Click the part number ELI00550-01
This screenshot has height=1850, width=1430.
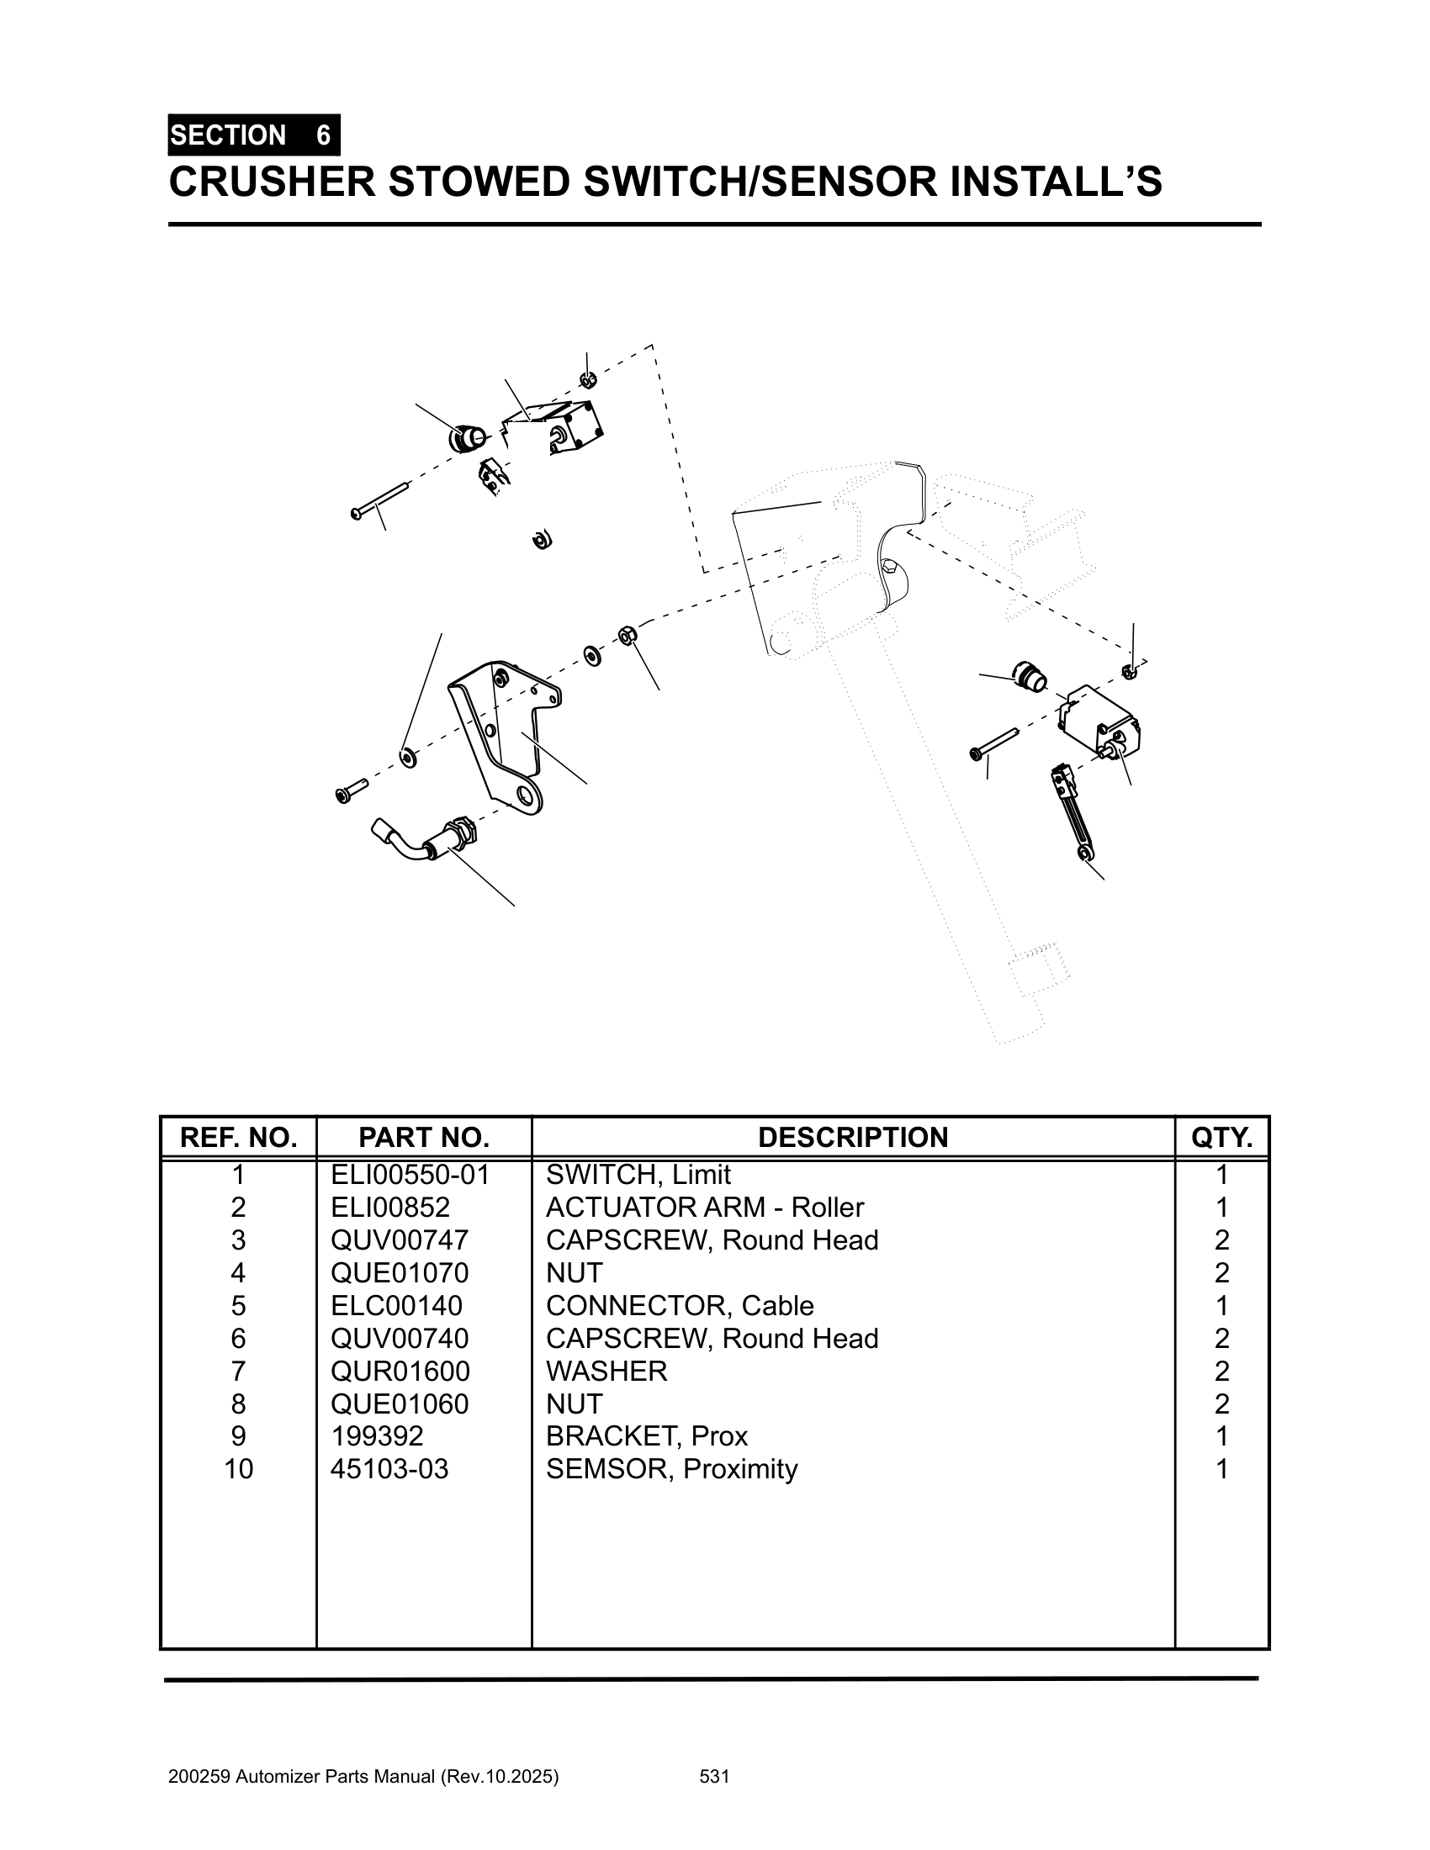click(x=410, y=1175)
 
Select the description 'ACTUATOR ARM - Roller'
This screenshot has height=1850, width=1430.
click(x=705, y=1207)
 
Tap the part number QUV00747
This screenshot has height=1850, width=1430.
click(x=399, y=1240)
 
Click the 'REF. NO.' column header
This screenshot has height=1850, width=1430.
click(x=239, y=1138)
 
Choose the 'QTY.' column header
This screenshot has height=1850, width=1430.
click(x=1221, y=1138)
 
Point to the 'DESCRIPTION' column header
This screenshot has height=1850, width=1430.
click(x=853, y=1138)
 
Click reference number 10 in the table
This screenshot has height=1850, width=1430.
click(x=239, y=1469)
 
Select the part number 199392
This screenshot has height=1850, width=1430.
click(x=377, y=1435)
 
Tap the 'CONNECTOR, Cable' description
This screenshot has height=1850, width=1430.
click(x=680, y=1305)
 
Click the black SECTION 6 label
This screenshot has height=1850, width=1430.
click(x=253, y=135)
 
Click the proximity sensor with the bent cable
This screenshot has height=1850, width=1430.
click(x=428, y=840)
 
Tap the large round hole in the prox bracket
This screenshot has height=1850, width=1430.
click(x=528, y=796)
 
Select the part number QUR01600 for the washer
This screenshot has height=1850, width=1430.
click(x=400, y=1371)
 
